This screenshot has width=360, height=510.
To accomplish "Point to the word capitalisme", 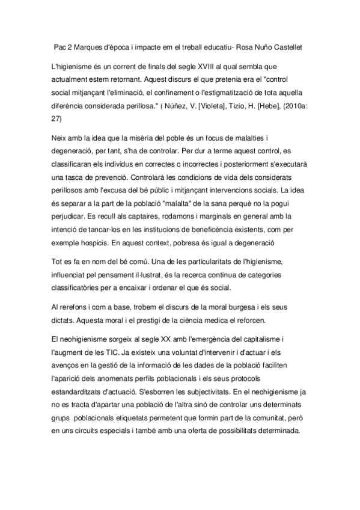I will coord(258,339).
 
